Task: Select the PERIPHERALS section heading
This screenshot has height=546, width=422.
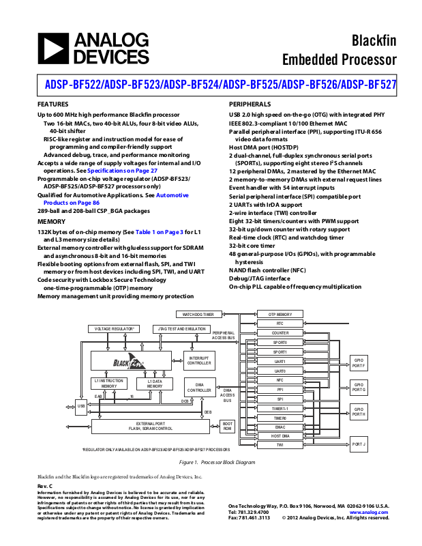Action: [x=251, y=104]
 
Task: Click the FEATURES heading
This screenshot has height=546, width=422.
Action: [x=52, y=104]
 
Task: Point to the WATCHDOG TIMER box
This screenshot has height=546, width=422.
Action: [x=198, y=315]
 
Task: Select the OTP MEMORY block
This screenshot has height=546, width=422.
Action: [x=280, y=314]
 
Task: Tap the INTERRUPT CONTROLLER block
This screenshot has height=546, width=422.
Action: [x=199, y=360]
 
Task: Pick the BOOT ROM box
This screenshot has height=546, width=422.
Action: [x=228, y=425]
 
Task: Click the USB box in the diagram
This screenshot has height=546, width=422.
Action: [x=81, y=406]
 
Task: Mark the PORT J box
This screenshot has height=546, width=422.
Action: [x=359, y=444]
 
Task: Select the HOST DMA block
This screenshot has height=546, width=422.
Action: [x=280, y=435]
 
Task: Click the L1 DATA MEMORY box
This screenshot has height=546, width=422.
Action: [x=155, y=384]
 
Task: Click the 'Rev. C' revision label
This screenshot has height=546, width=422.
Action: [x=44, y=485]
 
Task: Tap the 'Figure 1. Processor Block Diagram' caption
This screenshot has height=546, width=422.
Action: [x=211, y=463]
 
